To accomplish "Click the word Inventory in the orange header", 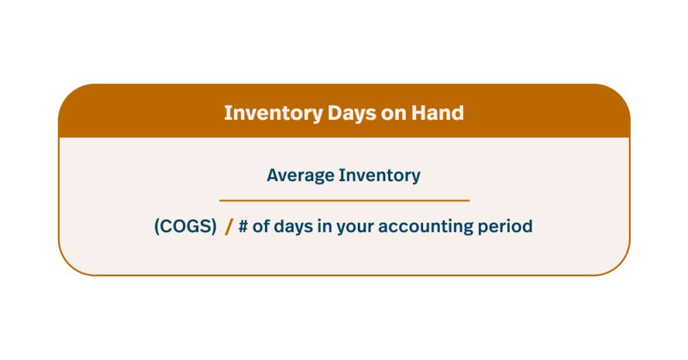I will [272, 113].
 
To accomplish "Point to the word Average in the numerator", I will [300, 175].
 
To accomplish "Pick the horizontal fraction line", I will [344, 200].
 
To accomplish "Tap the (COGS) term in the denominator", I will [185, 226].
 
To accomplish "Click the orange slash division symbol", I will [229, 226].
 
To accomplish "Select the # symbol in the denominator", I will [243, 226].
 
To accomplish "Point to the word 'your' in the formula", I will [356, 227].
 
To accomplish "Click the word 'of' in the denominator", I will [261, 226].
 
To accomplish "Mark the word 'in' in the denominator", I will [324, 226].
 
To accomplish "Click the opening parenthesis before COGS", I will [157, 226].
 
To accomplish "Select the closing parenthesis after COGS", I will [214, 226].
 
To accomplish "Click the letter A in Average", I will [272, 175].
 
